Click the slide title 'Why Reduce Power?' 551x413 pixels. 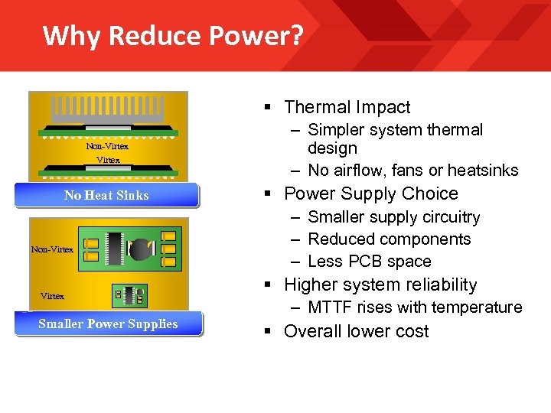click(173, 35)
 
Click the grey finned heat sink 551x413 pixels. click(107, 109)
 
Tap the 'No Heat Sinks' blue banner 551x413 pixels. click(106, 195)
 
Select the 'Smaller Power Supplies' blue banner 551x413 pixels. click(108, 324)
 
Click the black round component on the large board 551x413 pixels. click(141, 249)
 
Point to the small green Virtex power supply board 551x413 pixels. click(129, 293)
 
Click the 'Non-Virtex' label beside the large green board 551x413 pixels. click(52, 249)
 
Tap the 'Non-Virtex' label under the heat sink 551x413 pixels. click(107, 146)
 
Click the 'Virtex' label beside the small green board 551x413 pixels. click(52, 296)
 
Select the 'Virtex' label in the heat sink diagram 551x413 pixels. click(108, 160)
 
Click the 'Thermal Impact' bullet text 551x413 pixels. click(347, 107)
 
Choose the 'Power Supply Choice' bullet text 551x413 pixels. click(370, 193)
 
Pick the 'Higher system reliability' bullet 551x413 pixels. click(380, 285)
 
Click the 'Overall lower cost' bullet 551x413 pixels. click(356, 331)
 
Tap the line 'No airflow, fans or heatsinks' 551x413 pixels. click(412, 170)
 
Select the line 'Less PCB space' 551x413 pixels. click(369, 261)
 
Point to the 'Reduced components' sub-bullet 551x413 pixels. click(389, 239)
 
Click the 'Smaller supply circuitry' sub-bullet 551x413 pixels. click(393, 217)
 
